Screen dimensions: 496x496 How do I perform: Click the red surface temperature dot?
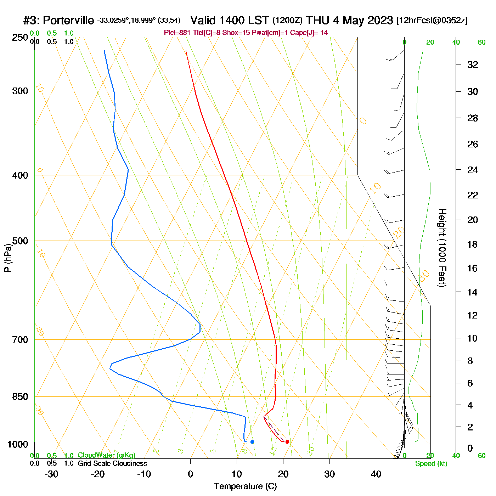coord(287,442)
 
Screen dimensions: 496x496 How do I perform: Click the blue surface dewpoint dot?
coord(252,442)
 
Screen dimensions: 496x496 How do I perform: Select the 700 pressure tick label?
coord(20,340)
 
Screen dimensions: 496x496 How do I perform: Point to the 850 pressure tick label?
coord(20,397)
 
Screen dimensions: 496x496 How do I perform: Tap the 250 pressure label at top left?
coord(20,38)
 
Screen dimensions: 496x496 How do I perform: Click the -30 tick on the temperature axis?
coord(51,474)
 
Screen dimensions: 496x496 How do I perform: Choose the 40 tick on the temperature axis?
coord(376,474)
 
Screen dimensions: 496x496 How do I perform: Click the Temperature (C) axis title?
coord(245,486)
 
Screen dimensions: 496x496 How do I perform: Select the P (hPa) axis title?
coord(8,258)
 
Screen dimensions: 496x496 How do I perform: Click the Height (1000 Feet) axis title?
coord(442,248)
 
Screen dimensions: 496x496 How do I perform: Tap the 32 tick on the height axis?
coord(473,65)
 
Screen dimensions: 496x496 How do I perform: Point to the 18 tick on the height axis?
coord(472,244)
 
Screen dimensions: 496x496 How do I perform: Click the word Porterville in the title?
coord(68,21)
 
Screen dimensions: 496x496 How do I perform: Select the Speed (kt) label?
coord(431,464)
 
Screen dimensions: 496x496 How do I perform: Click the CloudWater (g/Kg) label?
coord(106,455)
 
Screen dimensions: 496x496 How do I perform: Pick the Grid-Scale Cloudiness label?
coord(112,463)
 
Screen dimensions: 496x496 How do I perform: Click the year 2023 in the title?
coord(380,20)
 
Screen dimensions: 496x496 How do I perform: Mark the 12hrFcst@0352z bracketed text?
coord(432,21)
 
